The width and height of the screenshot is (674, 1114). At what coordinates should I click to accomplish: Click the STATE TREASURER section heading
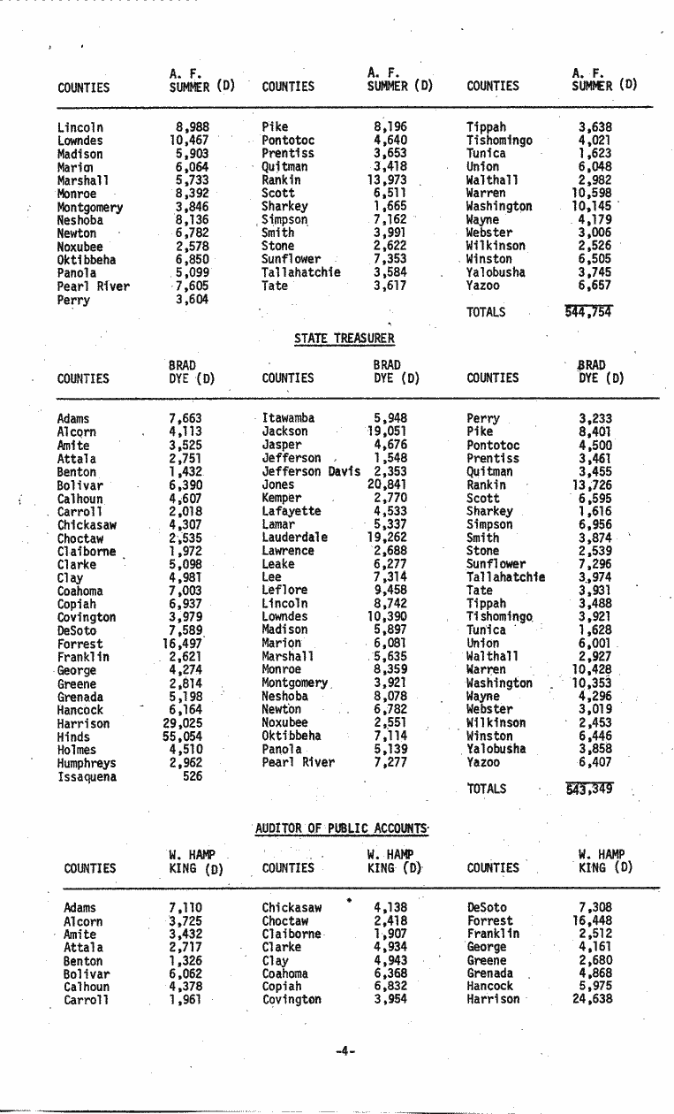coord(344,338)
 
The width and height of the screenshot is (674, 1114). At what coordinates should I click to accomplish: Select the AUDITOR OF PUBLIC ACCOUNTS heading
coord(342,828)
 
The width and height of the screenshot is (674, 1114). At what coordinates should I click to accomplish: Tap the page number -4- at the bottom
coord(345,1050)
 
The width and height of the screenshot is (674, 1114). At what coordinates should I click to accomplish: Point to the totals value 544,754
coord(589,311)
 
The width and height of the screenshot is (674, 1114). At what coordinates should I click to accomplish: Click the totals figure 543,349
coord(589,789)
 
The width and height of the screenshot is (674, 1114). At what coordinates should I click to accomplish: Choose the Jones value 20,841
coord(387,485)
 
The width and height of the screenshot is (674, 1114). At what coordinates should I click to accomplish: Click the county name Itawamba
coord(288,418)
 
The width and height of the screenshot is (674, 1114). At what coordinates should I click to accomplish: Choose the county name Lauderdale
coord(294,538)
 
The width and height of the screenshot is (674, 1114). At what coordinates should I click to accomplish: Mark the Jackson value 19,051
coord(387,431)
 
